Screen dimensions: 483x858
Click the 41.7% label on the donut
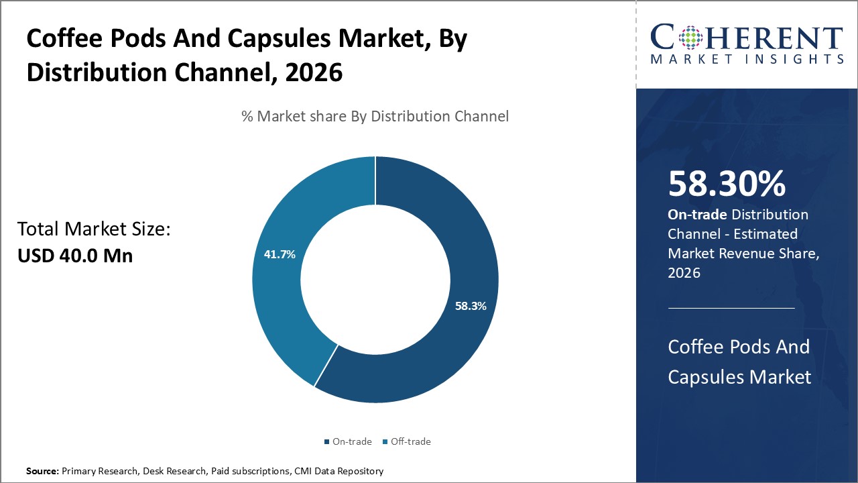click(279, 255)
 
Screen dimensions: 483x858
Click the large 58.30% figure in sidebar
click(727, 184)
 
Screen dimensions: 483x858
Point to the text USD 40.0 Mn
click(75, 255)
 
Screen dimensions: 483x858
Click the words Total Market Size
click(94, 229)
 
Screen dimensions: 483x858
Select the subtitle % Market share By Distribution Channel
click(375, 116)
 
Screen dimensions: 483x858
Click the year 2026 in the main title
click(314, 71)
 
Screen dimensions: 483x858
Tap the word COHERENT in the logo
click(747, 38)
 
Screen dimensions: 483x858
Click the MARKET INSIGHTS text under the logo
click(747, 59)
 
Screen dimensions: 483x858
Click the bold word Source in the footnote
click(42, 472)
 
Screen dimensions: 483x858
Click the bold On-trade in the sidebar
click(697, 215)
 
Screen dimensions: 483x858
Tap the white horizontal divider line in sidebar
click(731, 308)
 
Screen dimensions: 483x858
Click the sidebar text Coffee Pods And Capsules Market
click(739, 362)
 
